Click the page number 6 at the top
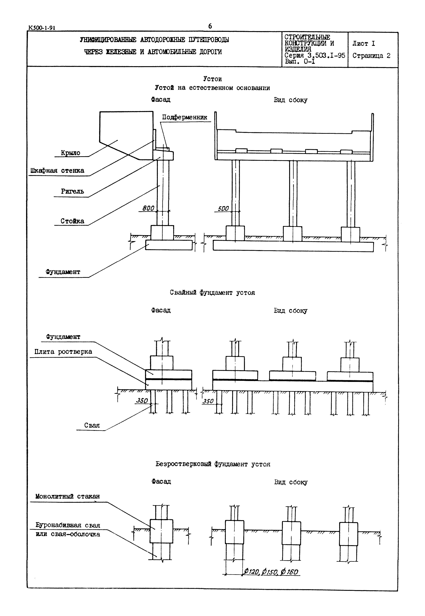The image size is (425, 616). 210,26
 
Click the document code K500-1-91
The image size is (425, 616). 42,28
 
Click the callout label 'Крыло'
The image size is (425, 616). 71,153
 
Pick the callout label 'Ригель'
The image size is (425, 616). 73,191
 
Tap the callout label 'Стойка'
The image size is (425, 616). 73,221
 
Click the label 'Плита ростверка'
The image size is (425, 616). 63,352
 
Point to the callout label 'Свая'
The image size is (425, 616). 92,425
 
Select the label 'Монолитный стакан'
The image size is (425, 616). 68,496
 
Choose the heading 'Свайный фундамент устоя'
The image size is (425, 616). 212,292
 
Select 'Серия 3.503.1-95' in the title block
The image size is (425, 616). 315,55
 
